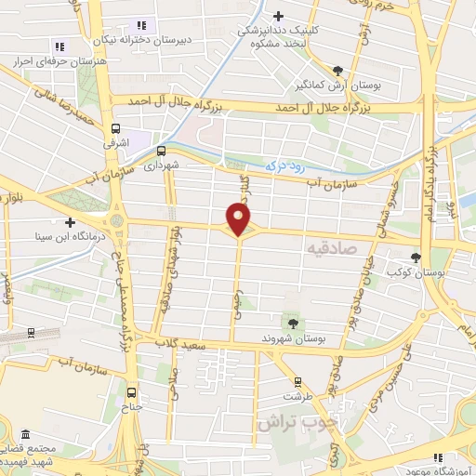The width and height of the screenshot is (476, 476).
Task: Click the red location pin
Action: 239,218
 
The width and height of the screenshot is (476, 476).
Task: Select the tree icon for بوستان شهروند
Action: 293,323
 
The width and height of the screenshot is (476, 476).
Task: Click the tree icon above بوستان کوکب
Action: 415,258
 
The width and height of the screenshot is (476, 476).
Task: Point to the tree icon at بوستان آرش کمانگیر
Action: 337,71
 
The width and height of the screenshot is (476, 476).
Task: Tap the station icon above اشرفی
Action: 114,129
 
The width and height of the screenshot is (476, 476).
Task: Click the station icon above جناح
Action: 131,392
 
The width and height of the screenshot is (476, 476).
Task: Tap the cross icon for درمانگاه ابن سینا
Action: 70,221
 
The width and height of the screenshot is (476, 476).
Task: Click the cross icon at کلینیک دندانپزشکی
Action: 279,16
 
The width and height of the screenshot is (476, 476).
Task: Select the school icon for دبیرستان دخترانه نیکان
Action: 140,25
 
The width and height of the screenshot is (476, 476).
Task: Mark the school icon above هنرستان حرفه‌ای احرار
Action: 60,46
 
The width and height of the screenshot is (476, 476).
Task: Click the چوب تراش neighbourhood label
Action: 295,423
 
